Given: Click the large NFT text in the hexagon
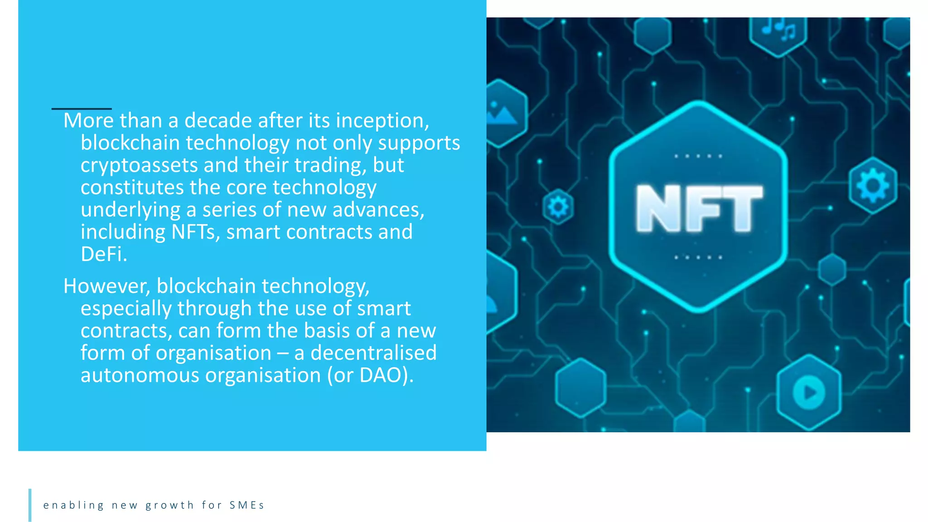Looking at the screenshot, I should click(699, 208).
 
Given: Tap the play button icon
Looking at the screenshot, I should click(809, 392).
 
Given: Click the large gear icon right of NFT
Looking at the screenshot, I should click(873, 185).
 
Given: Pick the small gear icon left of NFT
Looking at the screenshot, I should click(558, 207).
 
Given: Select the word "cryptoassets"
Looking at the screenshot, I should click(139, 165).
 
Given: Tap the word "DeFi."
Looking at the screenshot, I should click(104, 254).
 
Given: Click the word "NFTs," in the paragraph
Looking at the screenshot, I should click(195, 232).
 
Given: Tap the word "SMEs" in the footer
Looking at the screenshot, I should click(246, 505).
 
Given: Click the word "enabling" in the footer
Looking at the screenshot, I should click(73, 505).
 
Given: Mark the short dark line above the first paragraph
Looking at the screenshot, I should click(82, 109).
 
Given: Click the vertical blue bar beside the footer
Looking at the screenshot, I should click(30, 505).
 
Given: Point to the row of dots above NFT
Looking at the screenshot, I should click(698, 156).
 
